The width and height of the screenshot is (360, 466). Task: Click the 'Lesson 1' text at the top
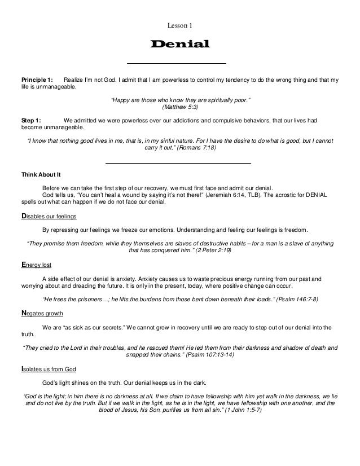[180, 24]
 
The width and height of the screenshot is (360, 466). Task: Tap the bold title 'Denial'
[179, 44]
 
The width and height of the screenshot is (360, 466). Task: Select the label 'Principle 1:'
[37, 80]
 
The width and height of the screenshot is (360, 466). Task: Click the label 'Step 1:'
[31, 120]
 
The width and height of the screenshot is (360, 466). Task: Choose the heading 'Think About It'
[41, 174]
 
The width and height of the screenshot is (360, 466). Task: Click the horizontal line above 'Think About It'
[178, 162]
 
